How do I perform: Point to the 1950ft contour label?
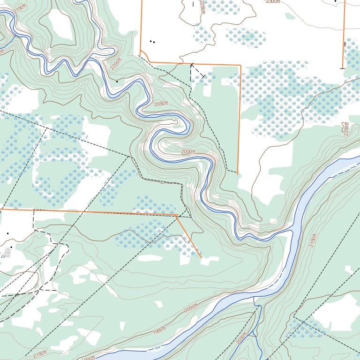[160, 331]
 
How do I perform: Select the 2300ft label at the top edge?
[272, 1]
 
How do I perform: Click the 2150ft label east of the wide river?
[313, 240]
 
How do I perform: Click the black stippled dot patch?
[6, 253]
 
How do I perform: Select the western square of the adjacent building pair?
[150, 41]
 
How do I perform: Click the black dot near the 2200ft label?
[117, 81]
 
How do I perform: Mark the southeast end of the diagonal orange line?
[202, 258]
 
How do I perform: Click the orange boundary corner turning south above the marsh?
[240, 65]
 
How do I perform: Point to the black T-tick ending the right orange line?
[342, 68]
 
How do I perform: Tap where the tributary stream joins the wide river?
[254, 297]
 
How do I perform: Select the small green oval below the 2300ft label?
[290, 16]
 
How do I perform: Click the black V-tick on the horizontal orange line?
[192, 64]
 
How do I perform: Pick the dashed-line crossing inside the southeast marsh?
[303, 322]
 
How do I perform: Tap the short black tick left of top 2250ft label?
[193, 4]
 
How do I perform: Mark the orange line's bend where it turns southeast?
[176, 216]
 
